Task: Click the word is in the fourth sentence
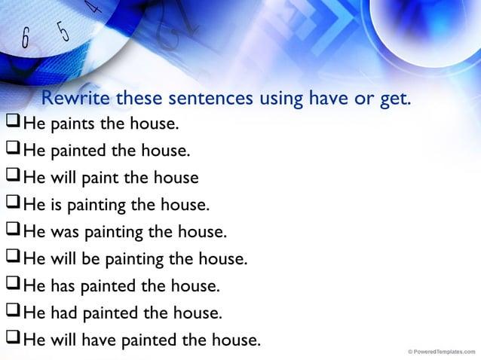click(55, 204)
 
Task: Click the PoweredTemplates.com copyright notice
click(440, 351)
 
